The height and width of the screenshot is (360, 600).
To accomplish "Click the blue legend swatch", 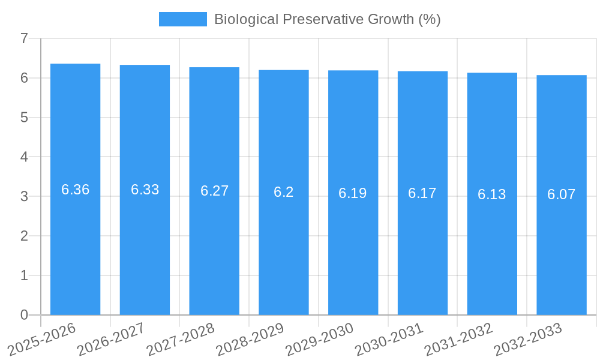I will pyautogui.click(x=182, y=19).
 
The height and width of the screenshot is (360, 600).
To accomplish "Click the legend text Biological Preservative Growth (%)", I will pyautogui.click(x=327, y=19).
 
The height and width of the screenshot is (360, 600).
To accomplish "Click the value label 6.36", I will pyautogui.click(x=76, y=190).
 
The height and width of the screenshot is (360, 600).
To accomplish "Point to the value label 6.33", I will pyautogui.click(x=145, y=190).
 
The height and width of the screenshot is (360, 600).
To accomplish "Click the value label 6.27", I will pyautogui.click(x=214, y=191).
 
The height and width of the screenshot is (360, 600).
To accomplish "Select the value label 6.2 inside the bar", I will pyautogui.click(x=284, y=192).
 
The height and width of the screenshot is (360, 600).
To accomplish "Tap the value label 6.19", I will pyautogui.click(x=353, y=193).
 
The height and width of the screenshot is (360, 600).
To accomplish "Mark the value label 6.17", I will pyautogui.click(x=422, y=193).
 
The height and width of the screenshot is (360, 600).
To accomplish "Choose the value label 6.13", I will pyautogui.click(x=492, y=194).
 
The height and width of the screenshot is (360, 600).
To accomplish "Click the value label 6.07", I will pyautogui.click(x=562, y=194).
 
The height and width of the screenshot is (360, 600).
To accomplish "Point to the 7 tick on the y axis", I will pyautogui.click(x=24, y=38).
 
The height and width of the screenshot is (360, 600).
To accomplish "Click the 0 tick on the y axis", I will pyautogui.click(x=24, y=315).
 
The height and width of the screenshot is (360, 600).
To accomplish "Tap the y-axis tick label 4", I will pyautogui.click(x=24, y=157).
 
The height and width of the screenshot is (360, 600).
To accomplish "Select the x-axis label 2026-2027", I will pyautogui.click(x=112, y=339).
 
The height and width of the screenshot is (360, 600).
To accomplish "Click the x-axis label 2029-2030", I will pyautogui.click(x=320, y=339).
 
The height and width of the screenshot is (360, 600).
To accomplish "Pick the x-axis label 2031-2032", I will pyautogui.click(x=459, y=339).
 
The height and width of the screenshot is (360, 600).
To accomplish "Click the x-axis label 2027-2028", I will pyautogui.click(x=181, y=339).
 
